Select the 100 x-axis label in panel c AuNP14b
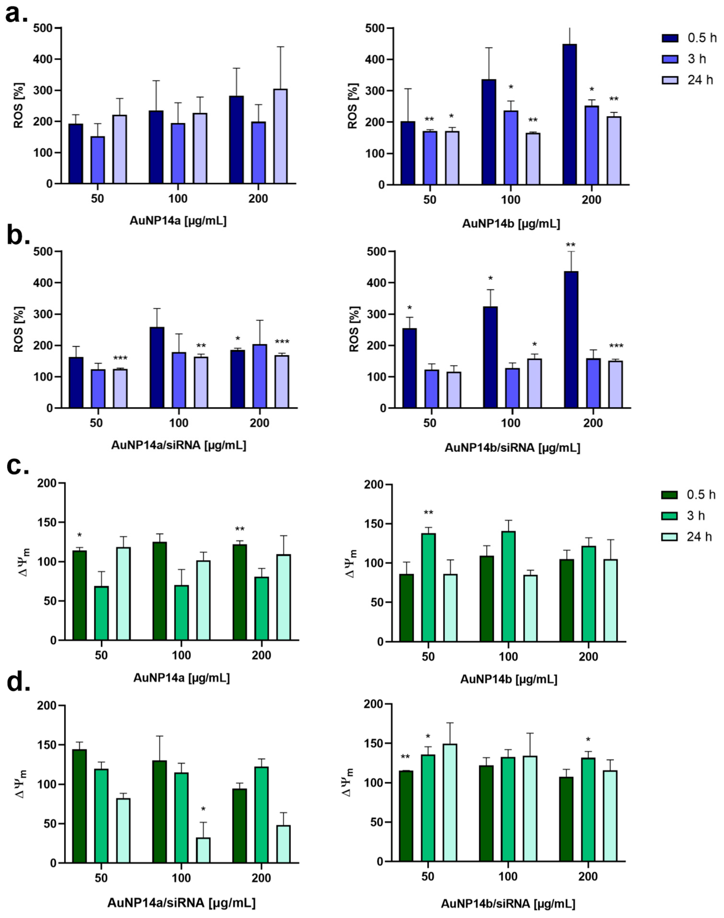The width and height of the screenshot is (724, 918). [508, 657]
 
